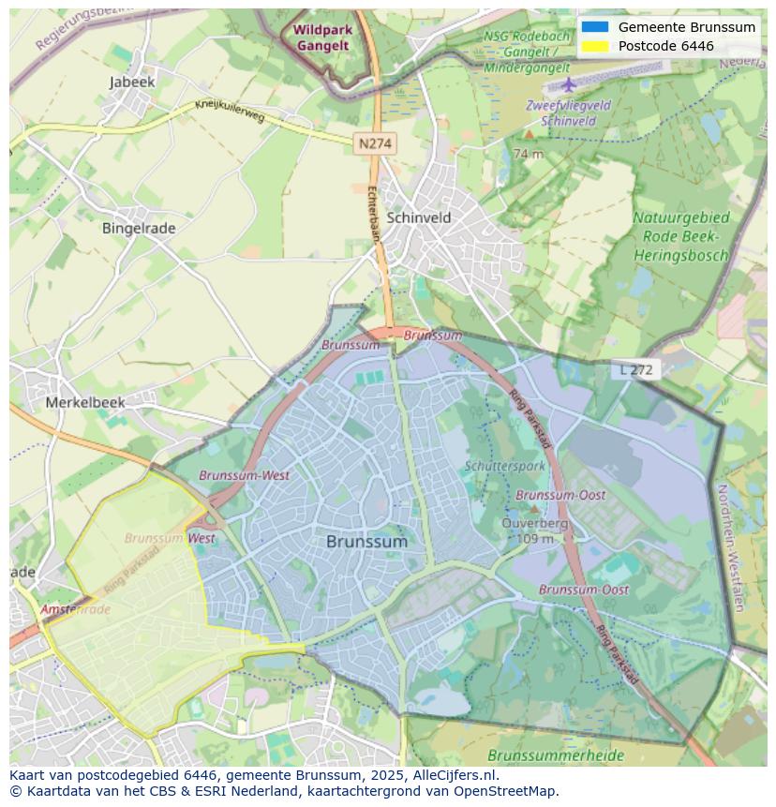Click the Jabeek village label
coord(132,82)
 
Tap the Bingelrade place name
coord(139,228)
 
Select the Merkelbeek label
coord(85,402)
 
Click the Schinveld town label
coord(419,217)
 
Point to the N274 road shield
coord(375,143)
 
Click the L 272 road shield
coord(636,370)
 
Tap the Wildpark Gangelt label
coord(322,37)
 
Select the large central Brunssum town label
coord(367,542)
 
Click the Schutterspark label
coord(504,466)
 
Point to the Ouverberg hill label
coord(535,524)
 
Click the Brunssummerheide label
coord(543,755)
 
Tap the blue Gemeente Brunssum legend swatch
coord(594,27)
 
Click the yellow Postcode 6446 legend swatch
coord(594,46)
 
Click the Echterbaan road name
coord(372,214)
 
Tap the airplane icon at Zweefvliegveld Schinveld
coord(568,85)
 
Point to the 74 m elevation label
coord(529,154)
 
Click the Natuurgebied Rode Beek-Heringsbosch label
coord(681,236)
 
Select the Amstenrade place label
coord(75,609)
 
